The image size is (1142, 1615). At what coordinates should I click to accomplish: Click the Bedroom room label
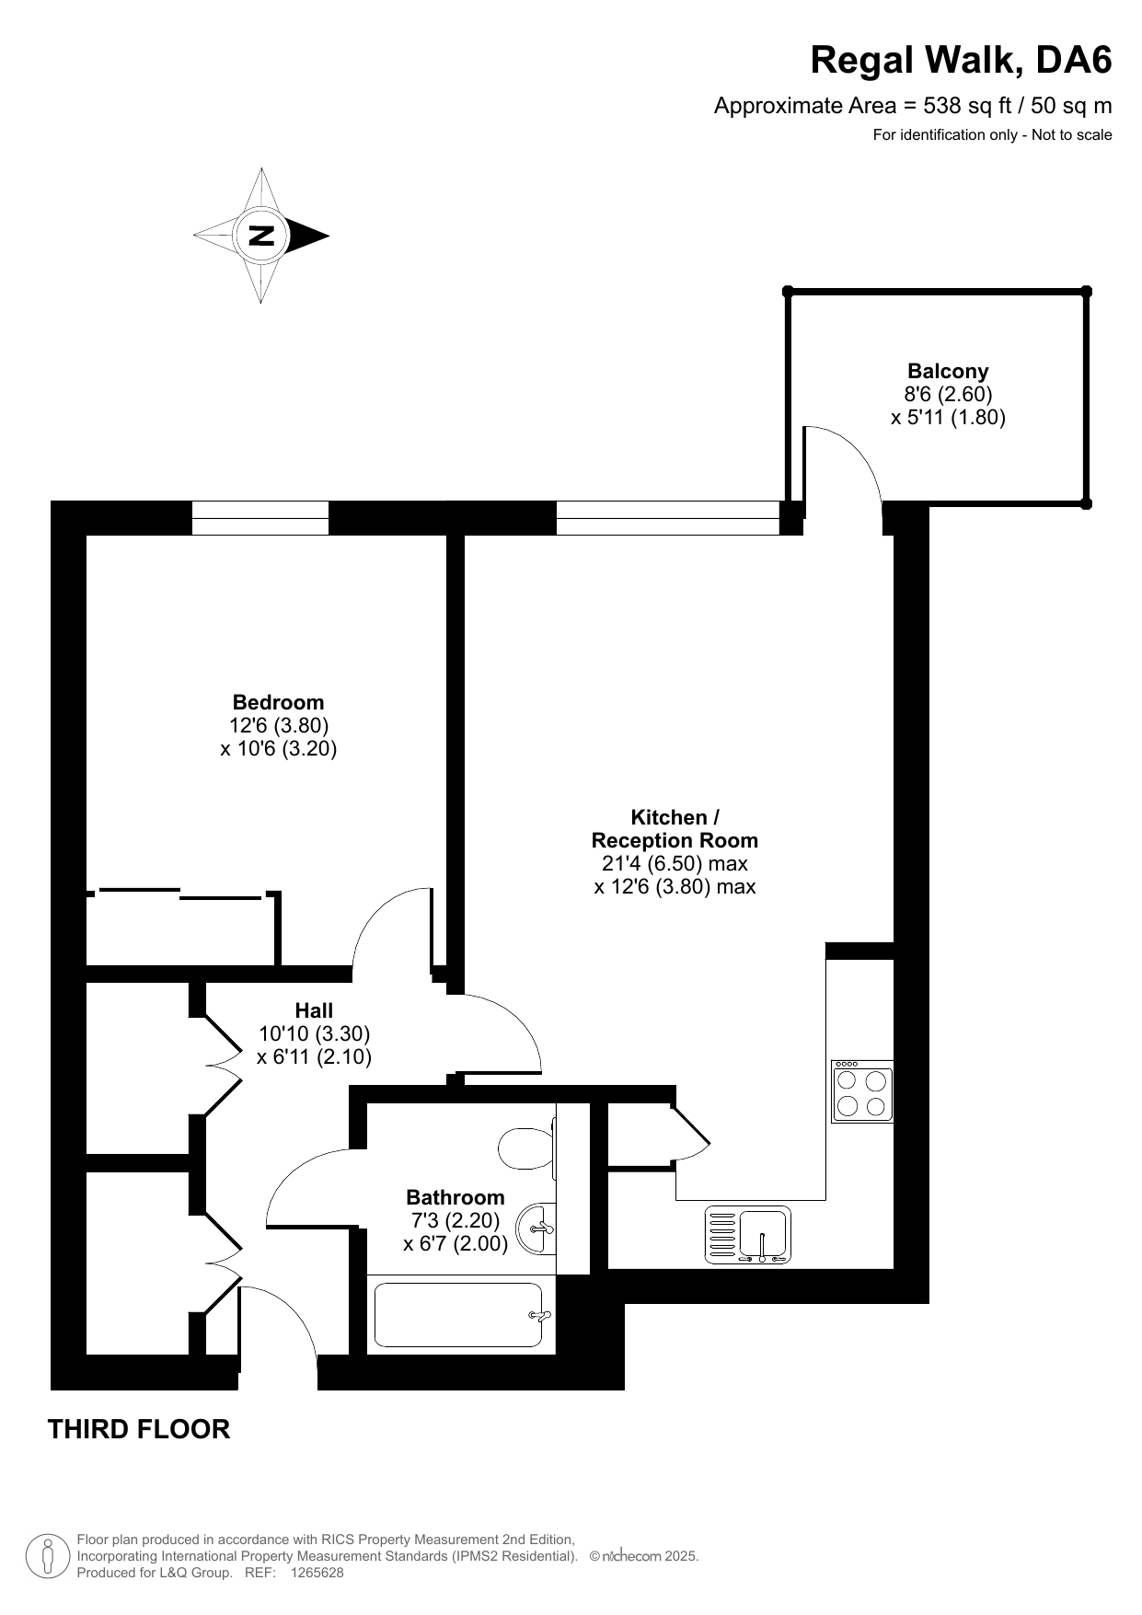pos(278,702)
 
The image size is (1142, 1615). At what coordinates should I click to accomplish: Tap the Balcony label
pos(948,372)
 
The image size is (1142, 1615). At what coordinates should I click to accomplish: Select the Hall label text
pos(314,1010)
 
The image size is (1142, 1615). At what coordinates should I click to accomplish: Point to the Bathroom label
pos(456,1197)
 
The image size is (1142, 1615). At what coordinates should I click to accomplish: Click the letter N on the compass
pos(262,236)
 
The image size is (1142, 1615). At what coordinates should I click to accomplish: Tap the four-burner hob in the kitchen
pos(862,1091)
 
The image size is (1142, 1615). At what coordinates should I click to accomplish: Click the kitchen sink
pos(748,1234)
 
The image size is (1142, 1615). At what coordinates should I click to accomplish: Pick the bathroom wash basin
pos(537,1229)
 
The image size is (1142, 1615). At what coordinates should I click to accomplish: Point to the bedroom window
pos(260,518)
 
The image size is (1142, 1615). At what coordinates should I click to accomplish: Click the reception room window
pos(668,518)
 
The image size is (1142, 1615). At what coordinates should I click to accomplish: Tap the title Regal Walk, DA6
pos(961,61)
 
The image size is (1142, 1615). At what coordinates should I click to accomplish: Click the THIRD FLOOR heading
pos(139,1429)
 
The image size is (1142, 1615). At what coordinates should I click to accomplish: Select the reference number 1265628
pos(317,1573)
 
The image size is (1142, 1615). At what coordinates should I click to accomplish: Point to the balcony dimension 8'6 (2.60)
pos(948,395)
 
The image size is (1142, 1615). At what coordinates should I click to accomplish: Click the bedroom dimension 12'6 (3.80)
pos(279,725)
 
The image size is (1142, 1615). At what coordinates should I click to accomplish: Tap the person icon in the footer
pos(49,1556)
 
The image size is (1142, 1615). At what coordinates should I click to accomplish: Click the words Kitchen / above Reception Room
pos(675,817)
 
